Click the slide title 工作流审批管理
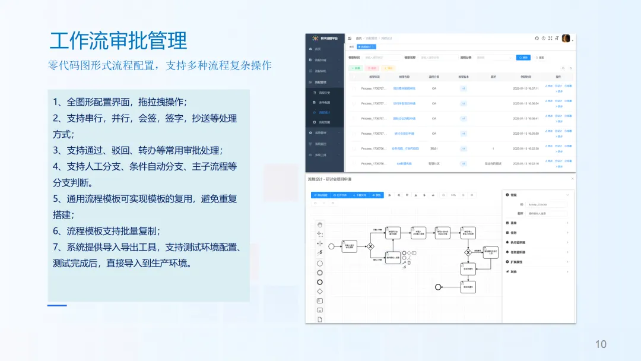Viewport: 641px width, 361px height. (x=118, y=40)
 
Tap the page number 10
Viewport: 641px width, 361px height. (x=601, y=344)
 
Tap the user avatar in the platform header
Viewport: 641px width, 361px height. (x=566, y=38)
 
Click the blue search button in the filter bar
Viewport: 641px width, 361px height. (x=523, y=58)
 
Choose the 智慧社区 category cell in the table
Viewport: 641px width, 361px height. (x=434, y=163)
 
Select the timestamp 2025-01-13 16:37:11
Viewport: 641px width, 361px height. (x=525, y=88)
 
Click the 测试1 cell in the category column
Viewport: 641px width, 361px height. (x=434, y=148)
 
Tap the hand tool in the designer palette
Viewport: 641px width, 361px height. (x=320, y=224)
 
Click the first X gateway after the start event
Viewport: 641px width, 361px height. (x=371, y=245)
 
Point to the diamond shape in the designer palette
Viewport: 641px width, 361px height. (x=320, y=292)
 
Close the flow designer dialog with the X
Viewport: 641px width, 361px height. (x=572, y=179)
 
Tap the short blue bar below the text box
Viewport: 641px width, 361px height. (x=57, y=305)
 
